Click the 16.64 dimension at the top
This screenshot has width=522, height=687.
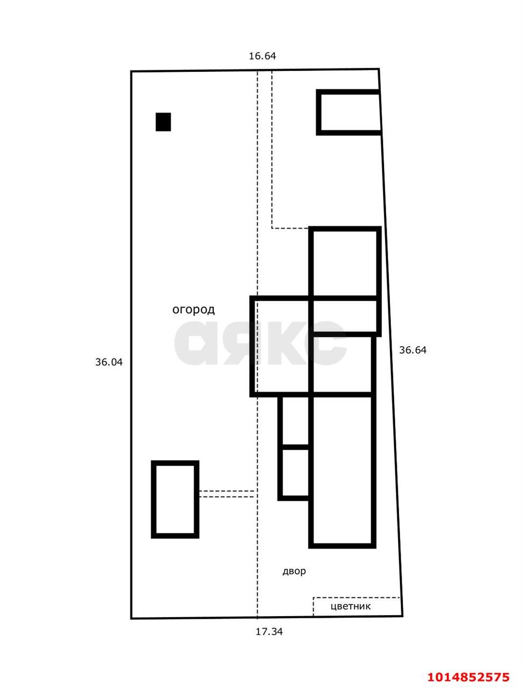point(262,56)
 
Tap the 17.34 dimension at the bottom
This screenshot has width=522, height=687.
point(269,632)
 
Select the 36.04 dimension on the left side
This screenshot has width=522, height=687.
point(109,362)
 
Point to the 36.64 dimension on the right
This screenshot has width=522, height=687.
point(412,350)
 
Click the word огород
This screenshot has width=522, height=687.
point(193,310)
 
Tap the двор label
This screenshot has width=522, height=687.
point(294,571)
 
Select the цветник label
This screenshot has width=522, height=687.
point(351,606)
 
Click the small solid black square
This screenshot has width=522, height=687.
point(163,122)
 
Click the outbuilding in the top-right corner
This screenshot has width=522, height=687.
point(350,112)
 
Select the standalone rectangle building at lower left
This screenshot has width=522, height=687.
point(175,499)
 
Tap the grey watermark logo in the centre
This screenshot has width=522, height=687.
point(260,343)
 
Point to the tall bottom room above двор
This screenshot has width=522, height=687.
point(342,471)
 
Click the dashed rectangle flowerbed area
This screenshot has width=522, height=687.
point(357,606)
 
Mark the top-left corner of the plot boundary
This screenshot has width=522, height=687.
point(132,71)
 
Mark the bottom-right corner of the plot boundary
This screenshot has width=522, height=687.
point(402,616)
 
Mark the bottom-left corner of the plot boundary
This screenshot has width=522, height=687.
point(132,618)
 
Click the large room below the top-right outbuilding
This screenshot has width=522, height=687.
point(345,263)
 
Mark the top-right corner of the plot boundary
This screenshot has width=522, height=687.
point(379,69)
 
